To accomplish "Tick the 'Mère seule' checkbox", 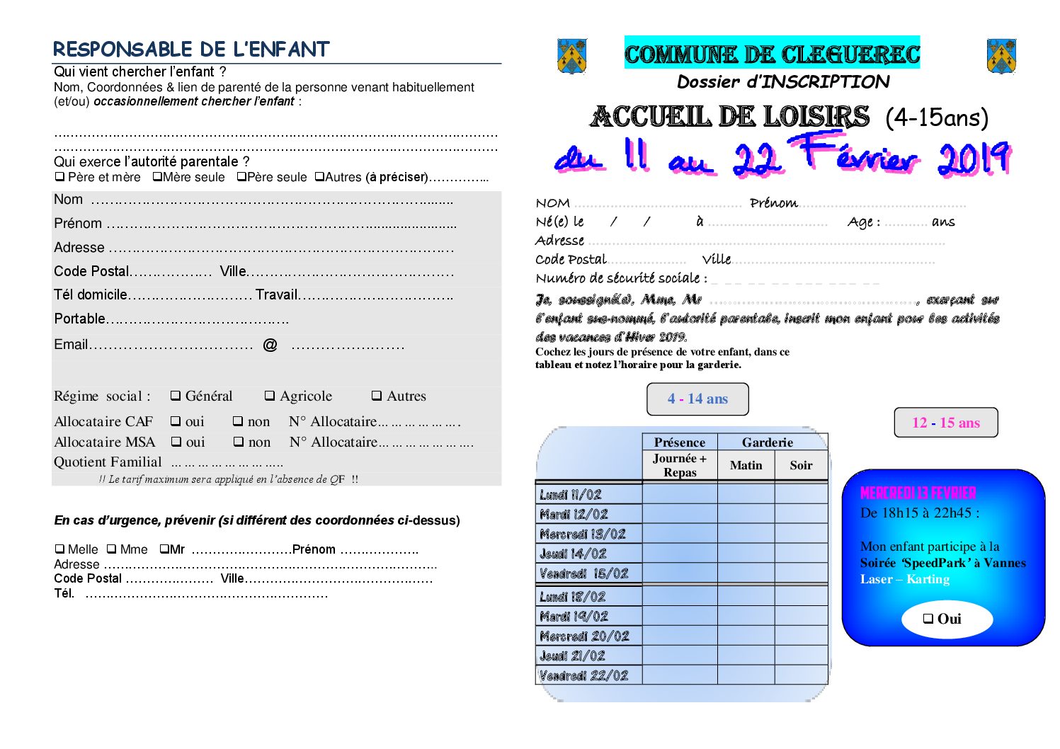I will (157, 177).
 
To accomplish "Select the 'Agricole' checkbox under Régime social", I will (270, 396).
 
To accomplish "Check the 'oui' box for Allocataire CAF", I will (176, 421).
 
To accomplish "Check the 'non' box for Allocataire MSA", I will (239, 442).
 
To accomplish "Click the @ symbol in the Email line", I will (270, 345).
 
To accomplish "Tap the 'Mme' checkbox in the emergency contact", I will (112, 549).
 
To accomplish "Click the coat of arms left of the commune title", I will (572, 56).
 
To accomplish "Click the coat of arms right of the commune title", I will (1001, 57).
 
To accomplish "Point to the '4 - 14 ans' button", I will (697, 399).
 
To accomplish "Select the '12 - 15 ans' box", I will (946, 423).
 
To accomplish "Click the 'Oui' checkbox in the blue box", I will (928, 619).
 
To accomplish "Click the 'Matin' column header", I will (746, 465).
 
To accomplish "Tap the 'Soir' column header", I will (801, 465).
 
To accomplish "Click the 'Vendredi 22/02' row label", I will (584, 675).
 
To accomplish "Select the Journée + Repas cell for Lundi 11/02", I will (680, 494).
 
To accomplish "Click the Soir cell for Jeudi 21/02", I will (801, 656).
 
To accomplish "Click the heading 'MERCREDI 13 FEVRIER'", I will (918, 493).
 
